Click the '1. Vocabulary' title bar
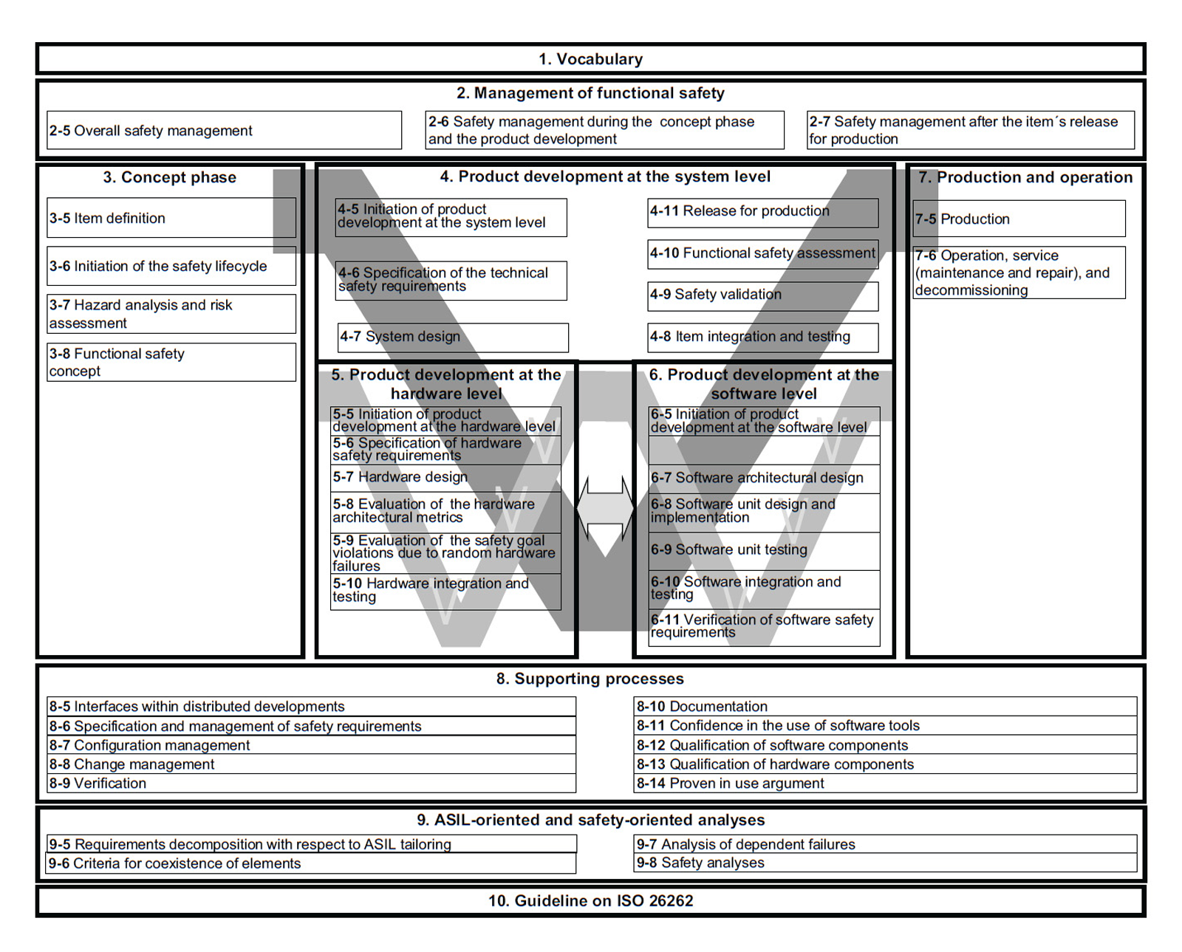click(590, 59)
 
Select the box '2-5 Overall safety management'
click(224, 131)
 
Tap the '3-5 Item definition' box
click(171, 218)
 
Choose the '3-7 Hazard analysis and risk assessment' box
click(171, 314)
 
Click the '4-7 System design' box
click(453, 337)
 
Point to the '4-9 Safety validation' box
click(763, 295)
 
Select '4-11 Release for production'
click(763, 212)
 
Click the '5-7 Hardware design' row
click(445, 478)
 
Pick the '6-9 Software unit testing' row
click(764, 550)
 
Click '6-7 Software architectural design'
click(764, 478)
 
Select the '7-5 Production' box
click(1019, 219)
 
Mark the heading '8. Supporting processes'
click(590, 679)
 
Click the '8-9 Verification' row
click(311, 784)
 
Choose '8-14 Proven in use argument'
click(885, 784)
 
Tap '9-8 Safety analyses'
click(885, 863)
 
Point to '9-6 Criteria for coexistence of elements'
click(311, 863)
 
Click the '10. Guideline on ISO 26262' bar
click(590, 901)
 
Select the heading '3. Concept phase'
click(170, 177)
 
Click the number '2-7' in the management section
click(819, 122)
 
